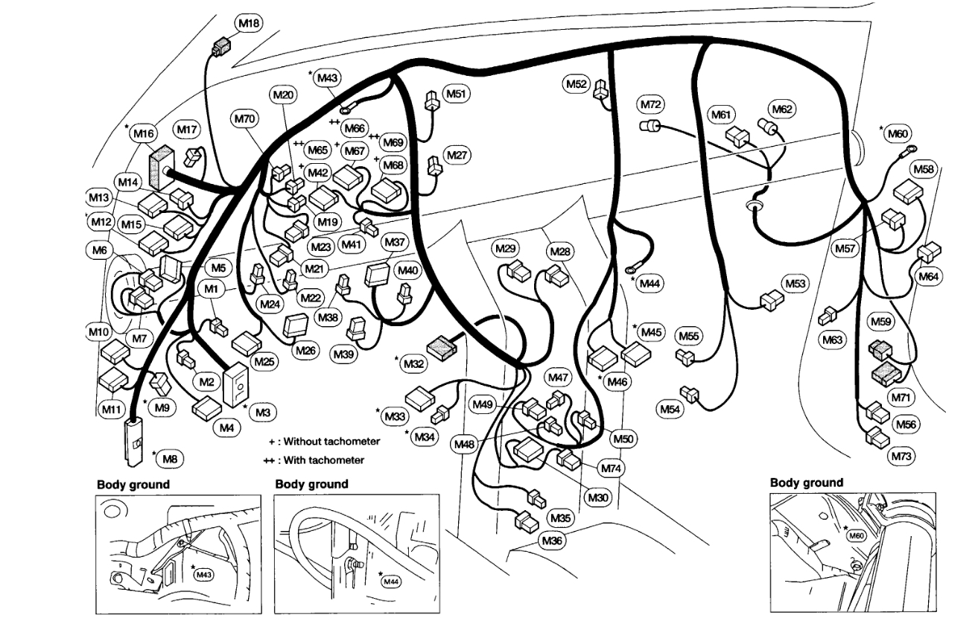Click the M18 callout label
coord(249,24)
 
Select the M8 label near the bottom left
coord(170,459)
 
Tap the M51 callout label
coord(457,94)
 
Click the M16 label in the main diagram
coord(144,134)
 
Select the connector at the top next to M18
coord(220,48)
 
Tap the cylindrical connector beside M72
coord(650,125)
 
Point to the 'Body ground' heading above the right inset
coord(806,483)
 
